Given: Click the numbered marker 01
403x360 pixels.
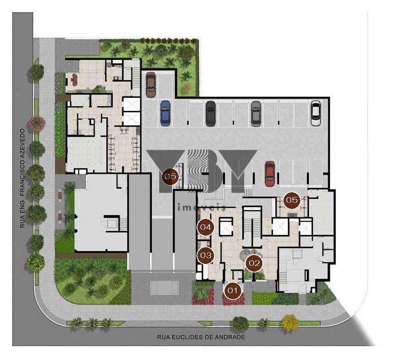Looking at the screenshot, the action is click(233, 290).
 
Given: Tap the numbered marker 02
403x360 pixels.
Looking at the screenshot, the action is click(254, 263).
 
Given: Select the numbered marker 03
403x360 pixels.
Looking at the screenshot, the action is click(206, 255).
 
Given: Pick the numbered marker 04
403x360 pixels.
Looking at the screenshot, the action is click(206, 227).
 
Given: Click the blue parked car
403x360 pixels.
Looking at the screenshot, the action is click(165, 113).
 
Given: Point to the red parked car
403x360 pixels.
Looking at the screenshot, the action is click(270, 174).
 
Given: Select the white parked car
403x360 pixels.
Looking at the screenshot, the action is click(315, 113).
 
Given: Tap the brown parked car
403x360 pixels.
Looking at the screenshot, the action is click(151, 85).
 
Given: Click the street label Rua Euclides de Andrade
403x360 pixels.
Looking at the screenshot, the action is click(201, 337).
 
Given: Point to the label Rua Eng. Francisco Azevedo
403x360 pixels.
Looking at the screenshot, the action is click(23, 178).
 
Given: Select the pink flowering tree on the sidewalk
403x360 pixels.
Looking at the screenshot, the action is click(37, 124).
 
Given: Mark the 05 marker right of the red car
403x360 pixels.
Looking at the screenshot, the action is click(292, 200).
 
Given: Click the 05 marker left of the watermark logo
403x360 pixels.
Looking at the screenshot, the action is click(171, 177).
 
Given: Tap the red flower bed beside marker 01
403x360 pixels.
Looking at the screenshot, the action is click(233, 299).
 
